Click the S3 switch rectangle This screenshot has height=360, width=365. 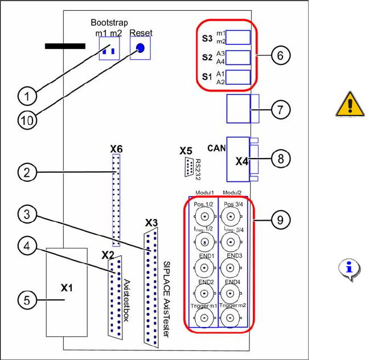[x=240, y=38]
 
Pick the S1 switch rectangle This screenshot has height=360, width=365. [x=240, y=78]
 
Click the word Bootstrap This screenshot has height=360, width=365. [x=110, y=22]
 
